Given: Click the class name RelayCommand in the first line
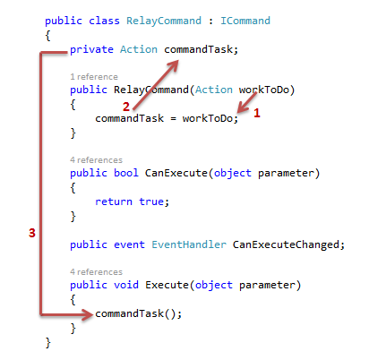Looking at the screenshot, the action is point(164,21).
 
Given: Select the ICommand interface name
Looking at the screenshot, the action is point(245,21).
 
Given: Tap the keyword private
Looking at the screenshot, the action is point(91,50).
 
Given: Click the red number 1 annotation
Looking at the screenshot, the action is point(257,113).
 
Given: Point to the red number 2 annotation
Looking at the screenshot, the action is point(126,107).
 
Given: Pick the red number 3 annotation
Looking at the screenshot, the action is point(32,233).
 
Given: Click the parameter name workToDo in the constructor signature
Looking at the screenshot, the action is point(264,90).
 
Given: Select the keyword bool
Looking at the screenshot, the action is point(126,173).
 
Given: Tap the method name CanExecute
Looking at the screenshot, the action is point(176,173).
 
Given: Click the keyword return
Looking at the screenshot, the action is point(114,201).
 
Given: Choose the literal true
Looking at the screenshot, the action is point(151,201).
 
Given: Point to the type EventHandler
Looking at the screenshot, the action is point(189,244).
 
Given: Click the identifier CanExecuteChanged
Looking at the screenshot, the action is point(286,244).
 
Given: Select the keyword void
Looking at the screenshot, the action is point(126,285).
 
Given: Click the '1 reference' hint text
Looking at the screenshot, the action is point(94,77).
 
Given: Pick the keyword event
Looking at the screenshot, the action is point(129,244).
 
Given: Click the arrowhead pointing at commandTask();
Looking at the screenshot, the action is point(88,314).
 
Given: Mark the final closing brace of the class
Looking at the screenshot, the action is point(47,343).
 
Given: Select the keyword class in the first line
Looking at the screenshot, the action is point(104,21).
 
